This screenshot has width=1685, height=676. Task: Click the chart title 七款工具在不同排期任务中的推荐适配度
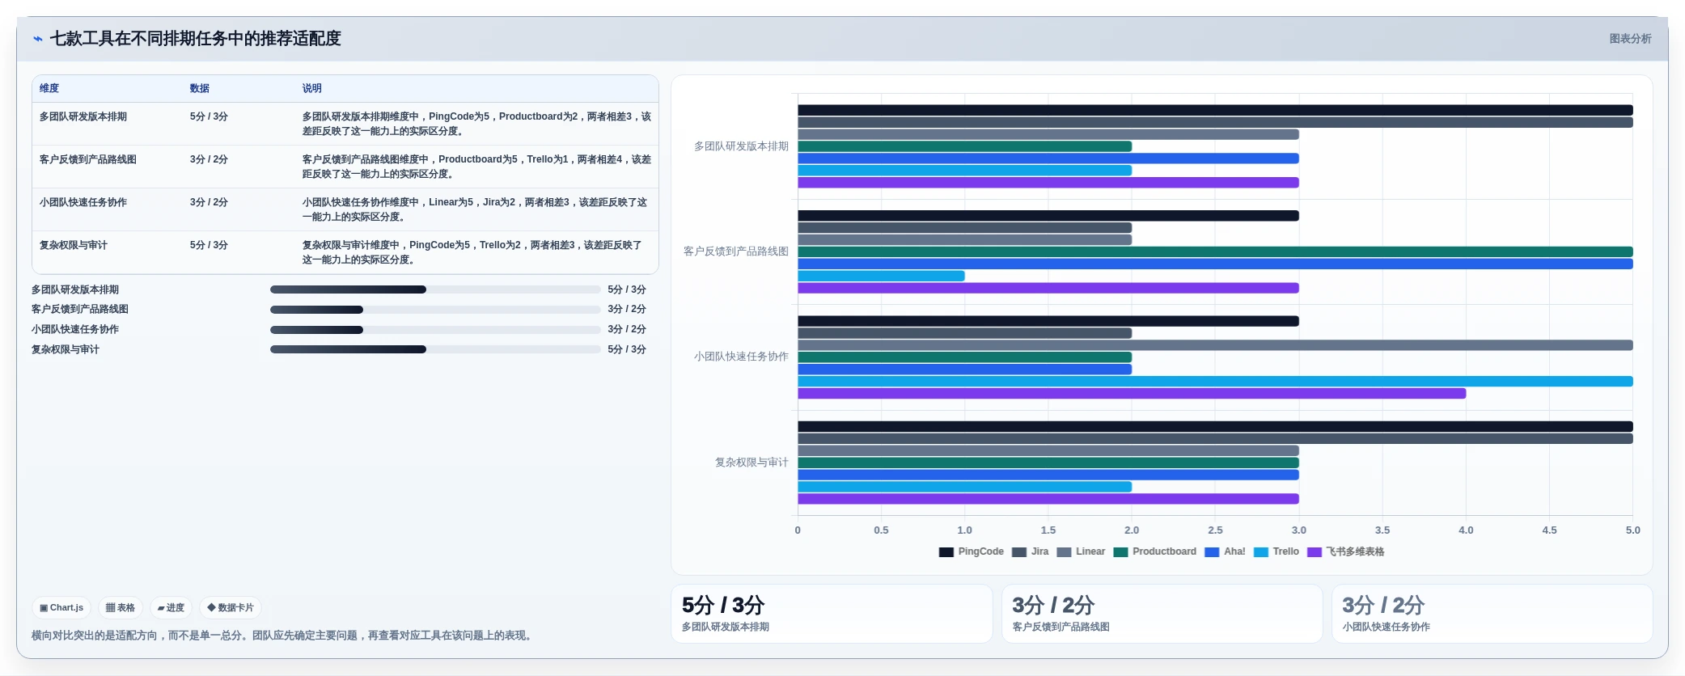coord(195,38)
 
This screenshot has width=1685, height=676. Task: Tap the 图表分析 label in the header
coord(1630,38)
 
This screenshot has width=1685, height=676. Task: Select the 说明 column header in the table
coord(311,88)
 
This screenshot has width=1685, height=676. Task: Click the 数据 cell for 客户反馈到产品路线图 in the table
coord(209,159)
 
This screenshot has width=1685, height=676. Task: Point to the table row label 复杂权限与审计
coord(74,245)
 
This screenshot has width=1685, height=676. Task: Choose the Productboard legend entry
coord(1155,551)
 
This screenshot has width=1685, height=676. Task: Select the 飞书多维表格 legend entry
coord(1346,551)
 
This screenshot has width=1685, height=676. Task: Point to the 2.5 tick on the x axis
coord(1215,530)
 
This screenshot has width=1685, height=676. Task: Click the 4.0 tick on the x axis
coord(1466,530)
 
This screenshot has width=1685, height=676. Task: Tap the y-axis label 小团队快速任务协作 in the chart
coord(741,357)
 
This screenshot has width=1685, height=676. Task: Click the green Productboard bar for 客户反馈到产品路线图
coord(1215,252)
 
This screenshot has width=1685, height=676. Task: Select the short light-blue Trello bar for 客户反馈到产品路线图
coord(881,276)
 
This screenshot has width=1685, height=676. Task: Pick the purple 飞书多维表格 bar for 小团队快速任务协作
coord(1132,394)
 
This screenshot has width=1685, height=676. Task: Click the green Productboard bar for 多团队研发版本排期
coord(965,146)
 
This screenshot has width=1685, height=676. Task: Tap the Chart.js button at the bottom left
coord(61,607)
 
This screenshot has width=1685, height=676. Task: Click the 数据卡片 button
coord(231,607)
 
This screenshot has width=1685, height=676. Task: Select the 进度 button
coord(171,607)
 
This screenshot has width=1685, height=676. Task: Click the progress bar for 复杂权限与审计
coord(435,349)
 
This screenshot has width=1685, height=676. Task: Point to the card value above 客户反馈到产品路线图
coord(1053,605)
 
